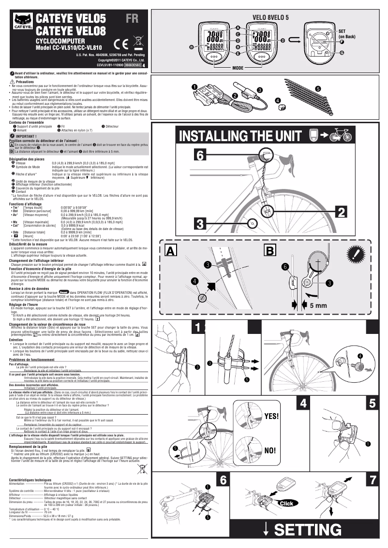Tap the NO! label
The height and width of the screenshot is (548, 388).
(270, 450)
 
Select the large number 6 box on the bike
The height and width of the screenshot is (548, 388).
(201, 155)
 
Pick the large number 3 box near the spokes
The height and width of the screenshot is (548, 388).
(201, 224)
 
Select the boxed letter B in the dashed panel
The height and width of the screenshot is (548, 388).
(270, 250)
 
